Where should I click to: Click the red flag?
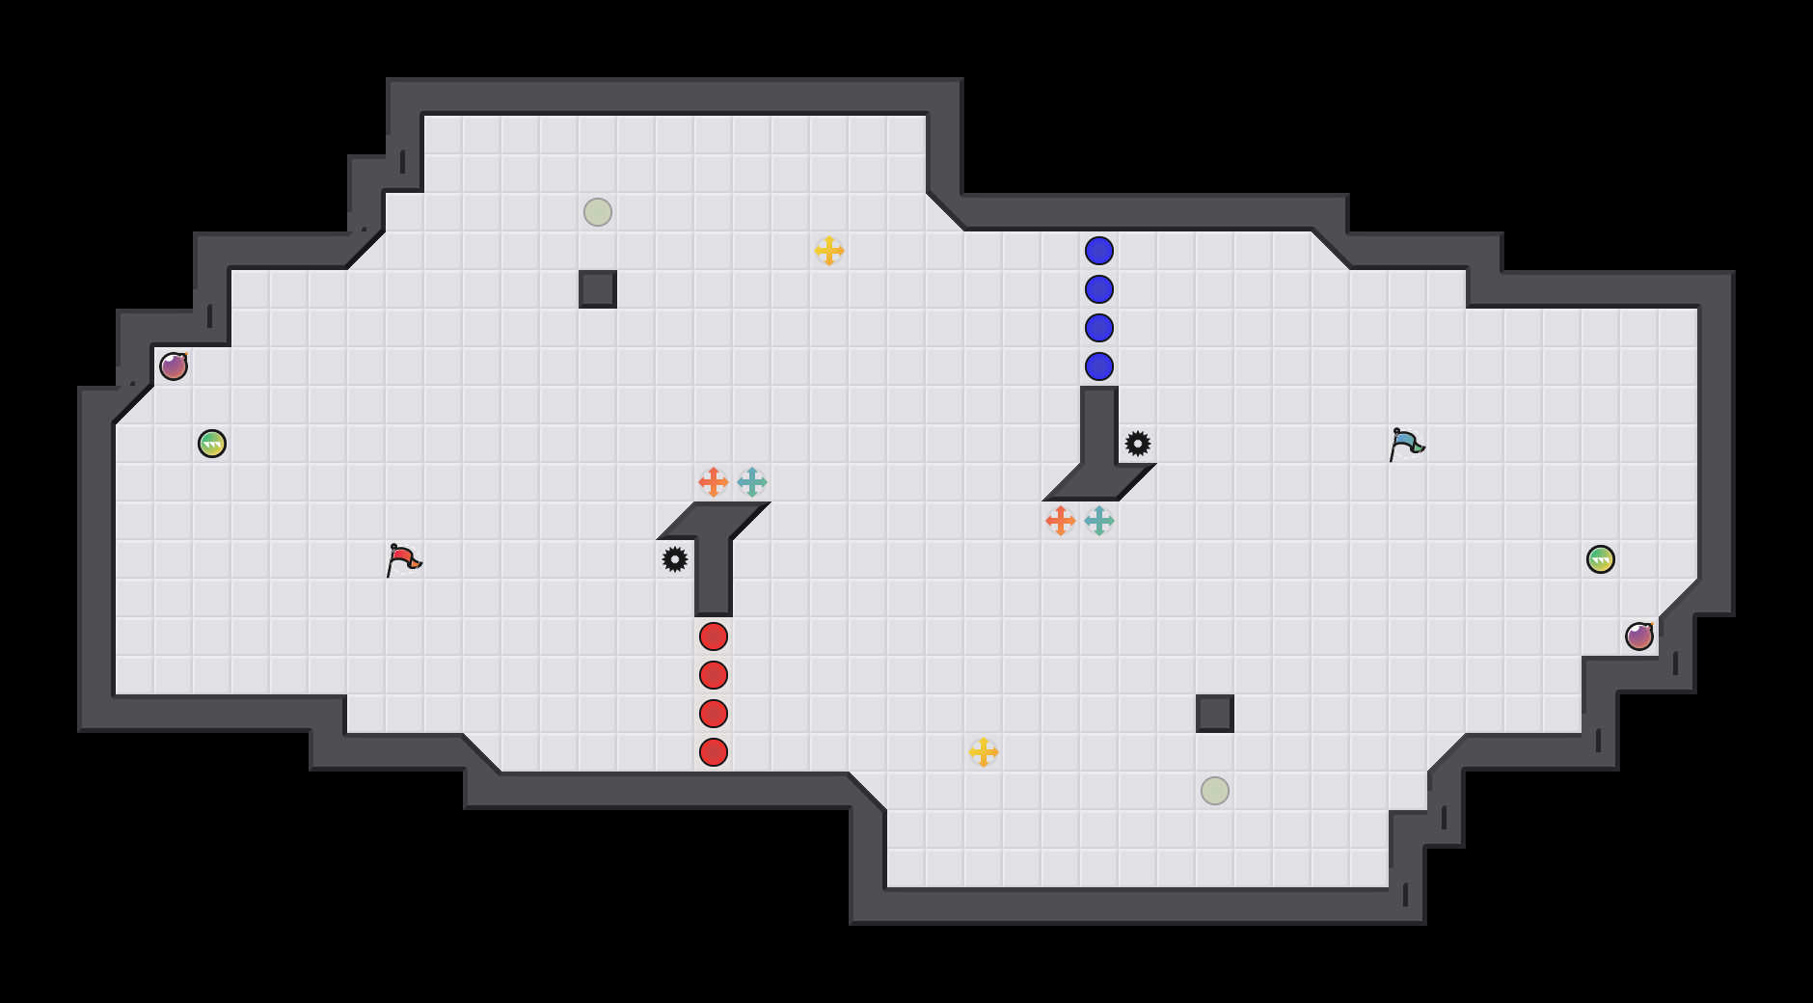403,559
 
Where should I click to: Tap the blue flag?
1406,444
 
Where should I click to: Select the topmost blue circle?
1099,251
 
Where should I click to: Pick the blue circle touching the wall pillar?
1099,366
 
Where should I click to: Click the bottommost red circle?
714,752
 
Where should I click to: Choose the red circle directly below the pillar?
714,637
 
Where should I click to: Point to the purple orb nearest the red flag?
174,366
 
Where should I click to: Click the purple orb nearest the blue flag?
1639,637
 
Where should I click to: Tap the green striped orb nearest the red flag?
212,444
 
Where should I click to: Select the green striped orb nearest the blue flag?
1601,559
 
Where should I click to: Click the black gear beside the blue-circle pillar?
1138,444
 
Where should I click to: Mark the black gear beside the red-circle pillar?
675,559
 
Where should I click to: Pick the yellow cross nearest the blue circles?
829,251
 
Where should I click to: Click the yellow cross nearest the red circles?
984,752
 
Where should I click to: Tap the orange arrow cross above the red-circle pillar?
714,482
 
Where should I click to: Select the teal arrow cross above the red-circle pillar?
752,482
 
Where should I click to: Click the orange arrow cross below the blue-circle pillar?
1061,521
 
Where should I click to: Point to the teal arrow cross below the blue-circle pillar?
1099,521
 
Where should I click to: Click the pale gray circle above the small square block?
598,212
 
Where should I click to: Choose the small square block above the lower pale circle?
1215,714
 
